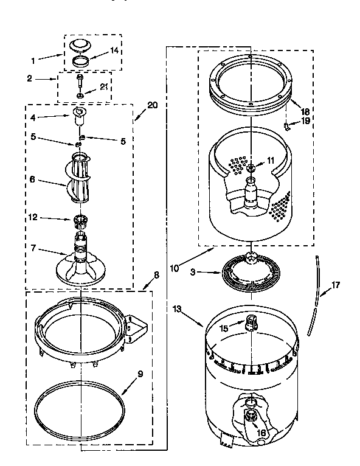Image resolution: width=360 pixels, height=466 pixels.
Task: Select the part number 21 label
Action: coord(103,88)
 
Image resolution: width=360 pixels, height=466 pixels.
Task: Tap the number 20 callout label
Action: coord(153,105)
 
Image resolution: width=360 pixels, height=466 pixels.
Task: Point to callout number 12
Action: coord(33,216)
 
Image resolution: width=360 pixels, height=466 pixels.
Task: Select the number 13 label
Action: coord(177,309)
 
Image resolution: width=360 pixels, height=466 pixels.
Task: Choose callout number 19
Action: coord(305,120)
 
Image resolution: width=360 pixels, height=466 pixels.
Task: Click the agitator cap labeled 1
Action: coord(79,45)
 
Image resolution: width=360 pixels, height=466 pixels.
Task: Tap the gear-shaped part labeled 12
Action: coord(80,220)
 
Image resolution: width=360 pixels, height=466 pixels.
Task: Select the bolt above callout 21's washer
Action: coord(80,80)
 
